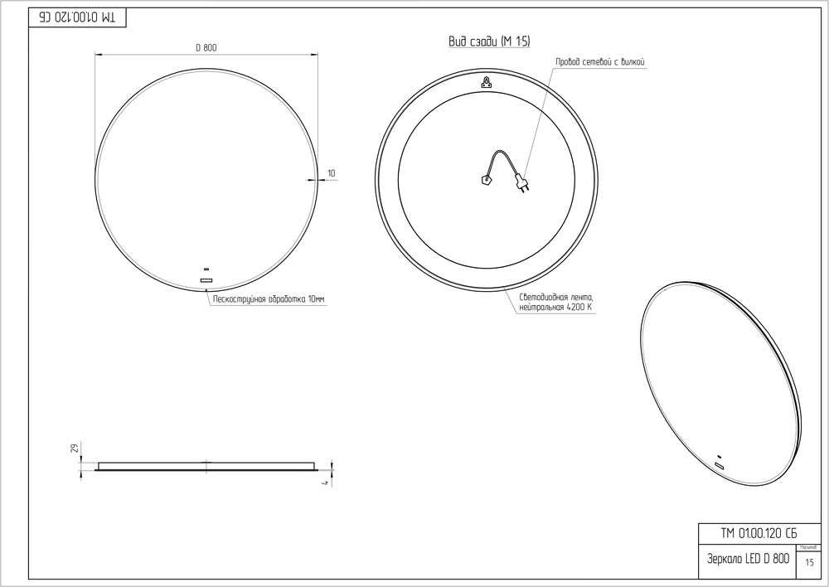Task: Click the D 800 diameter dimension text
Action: pos(206,48)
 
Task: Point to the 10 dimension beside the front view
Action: pos(332,173)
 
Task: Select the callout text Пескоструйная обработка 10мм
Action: pos(269,298)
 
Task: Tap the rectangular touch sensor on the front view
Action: pos(206,280)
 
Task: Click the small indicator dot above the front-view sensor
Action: pos(206,269)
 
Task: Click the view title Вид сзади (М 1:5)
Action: pos(488,42)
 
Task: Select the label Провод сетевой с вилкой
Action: pos(600,62)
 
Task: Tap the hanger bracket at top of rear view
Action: pos(486,81)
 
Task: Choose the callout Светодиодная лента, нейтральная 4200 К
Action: pos(555,303)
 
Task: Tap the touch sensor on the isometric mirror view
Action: pos(720,466)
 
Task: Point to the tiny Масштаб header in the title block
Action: pos(809,547)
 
